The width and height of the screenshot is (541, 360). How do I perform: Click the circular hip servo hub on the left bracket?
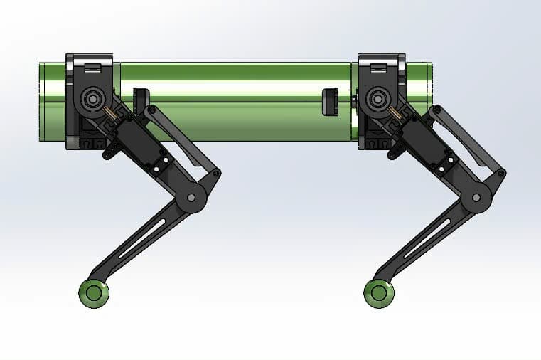[92, 97]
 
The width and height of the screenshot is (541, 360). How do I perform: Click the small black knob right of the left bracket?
[140, 100]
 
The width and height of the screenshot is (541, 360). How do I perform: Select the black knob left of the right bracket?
[330, 102]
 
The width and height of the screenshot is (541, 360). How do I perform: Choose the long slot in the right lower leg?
[429, 237]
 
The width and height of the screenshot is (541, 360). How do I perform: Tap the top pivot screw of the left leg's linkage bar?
[150, 110]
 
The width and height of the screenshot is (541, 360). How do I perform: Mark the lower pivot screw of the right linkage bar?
[502, 173]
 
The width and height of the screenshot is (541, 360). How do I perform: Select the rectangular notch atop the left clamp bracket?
[92, 68]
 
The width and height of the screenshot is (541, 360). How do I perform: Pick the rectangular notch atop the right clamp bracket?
[379, 68]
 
